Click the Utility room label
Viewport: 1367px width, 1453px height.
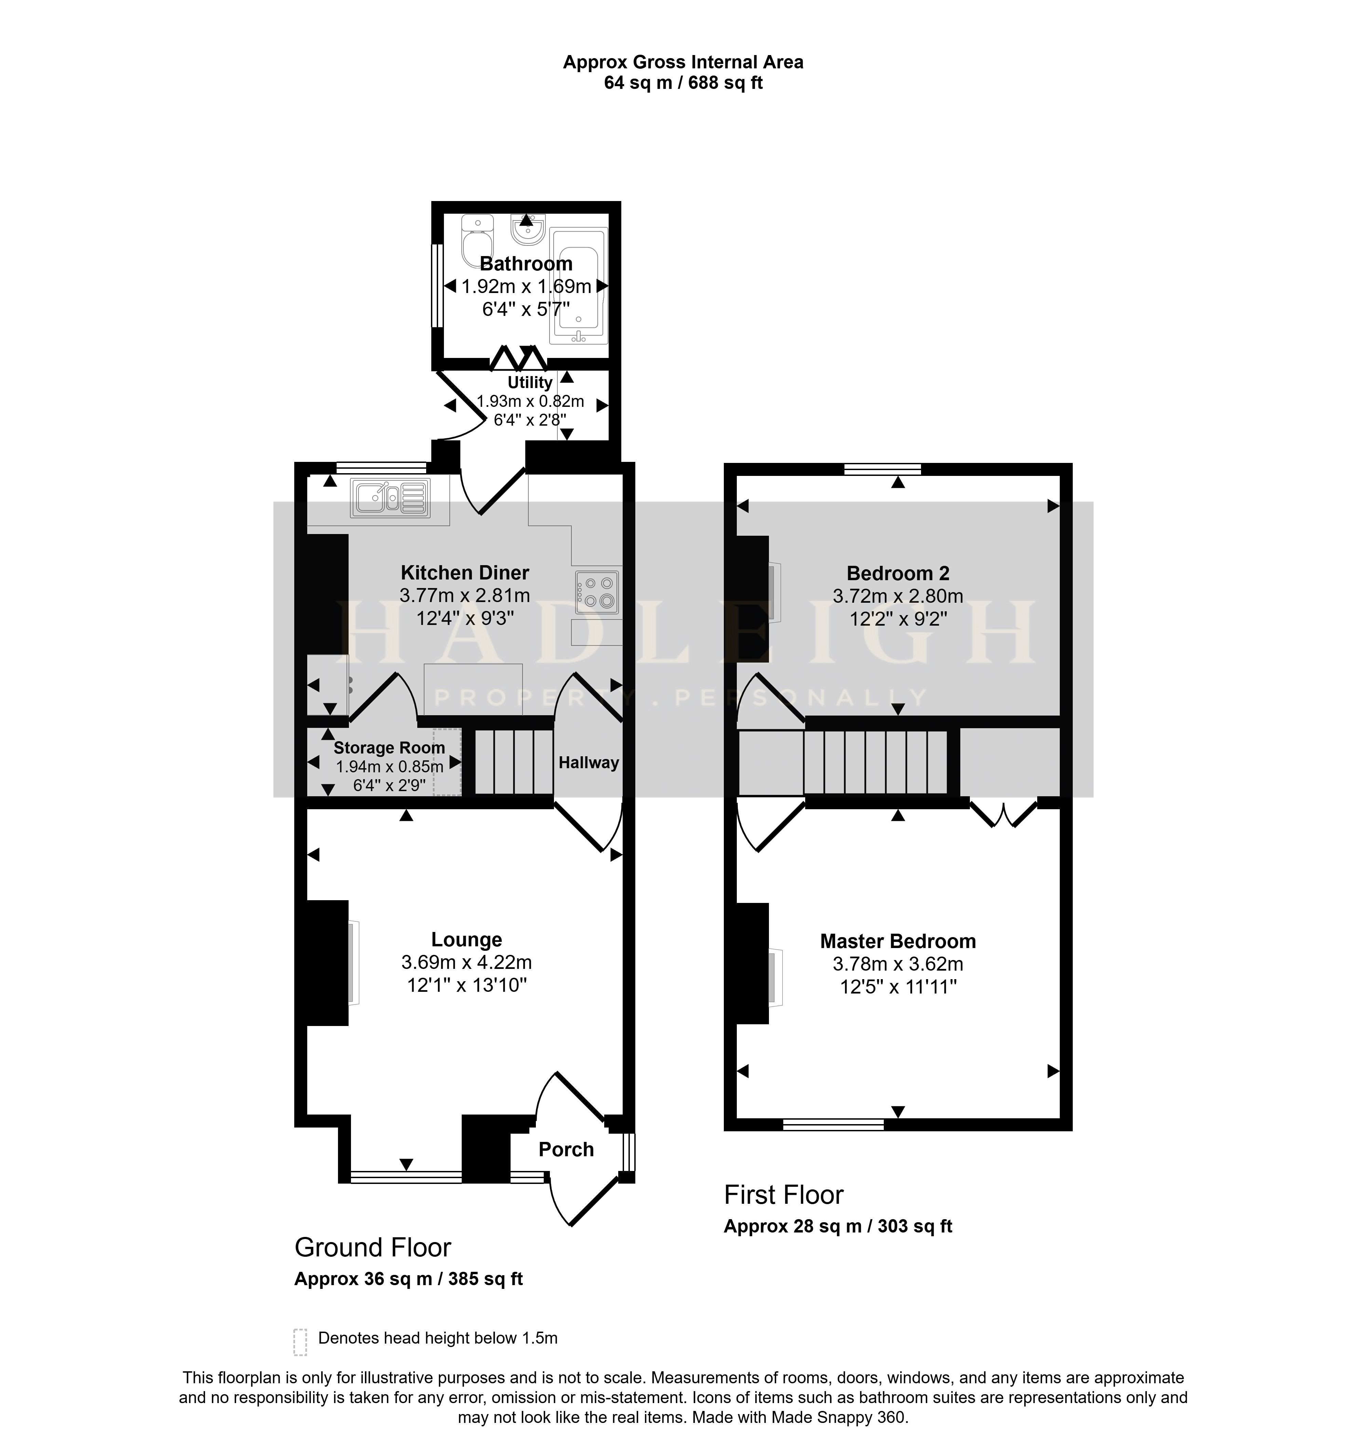point(530,382)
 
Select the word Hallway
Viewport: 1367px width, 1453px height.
point(589,763)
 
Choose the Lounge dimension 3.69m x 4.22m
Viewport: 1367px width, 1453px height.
point(466,963)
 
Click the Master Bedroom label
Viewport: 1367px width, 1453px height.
point(898,942)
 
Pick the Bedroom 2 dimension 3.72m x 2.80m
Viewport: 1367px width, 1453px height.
point(898,596)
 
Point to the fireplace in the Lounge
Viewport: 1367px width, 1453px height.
point(327,963)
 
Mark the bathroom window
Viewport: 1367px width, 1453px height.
point(437,285)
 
